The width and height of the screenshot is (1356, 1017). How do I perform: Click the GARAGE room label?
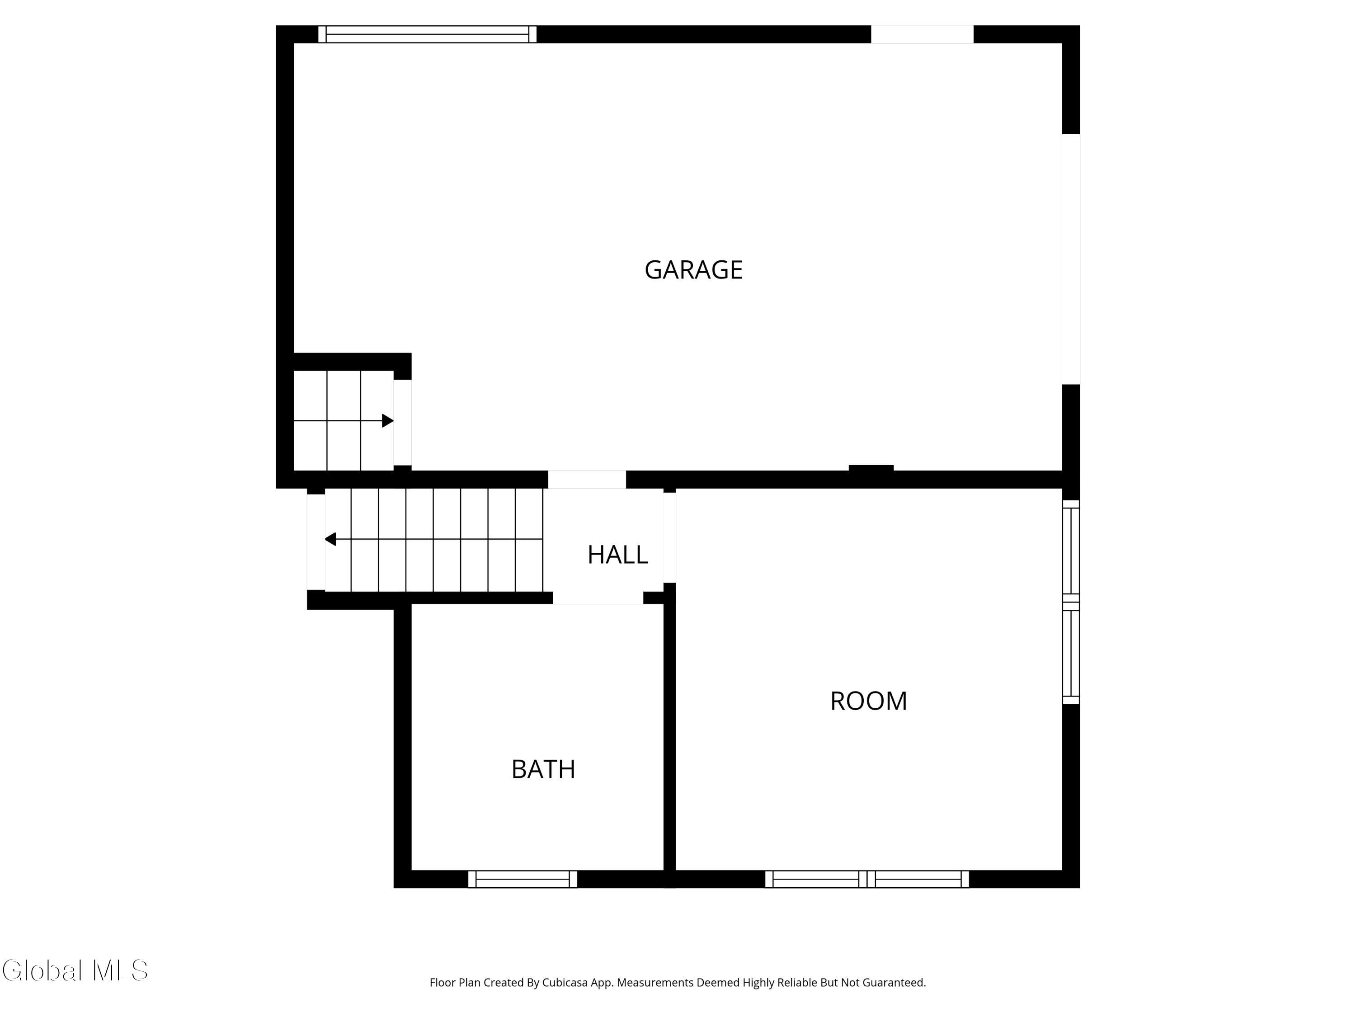click(x=693, y=270)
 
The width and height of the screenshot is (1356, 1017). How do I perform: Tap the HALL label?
click(x=617, y=555)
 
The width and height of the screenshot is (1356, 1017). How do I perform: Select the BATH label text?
click(x=543, y=769)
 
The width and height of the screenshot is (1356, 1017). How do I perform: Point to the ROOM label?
click(x=868, y=701)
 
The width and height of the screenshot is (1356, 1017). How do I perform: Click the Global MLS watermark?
click(x=75, y=970)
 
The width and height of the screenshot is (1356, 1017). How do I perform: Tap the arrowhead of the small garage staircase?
click(x=387, y=420)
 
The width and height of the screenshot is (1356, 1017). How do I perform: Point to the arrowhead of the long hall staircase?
click(x=330, y=539)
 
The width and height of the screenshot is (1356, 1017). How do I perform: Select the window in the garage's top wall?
click(x=427, y=34)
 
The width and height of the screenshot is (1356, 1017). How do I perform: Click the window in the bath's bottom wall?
click(x=523, y=879)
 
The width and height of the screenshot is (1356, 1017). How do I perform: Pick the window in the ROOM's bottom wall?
click(x=867, y=879)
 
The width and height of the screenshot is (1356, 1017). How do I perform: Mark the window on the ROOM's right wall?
click(x=1070, y=602)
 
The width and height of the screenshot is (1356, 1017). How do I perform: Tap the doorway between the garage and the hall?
click(x=587, y=480)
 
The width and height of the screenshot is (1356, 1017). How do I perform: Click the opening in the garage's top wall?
click(x=922, y=34)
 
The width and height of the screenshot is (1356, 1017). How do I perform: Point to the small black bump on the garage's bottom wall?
click(x=871, y=468)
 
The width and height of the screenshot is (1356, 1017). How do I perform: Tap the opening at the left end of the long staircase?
click(x=315, y=542)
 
